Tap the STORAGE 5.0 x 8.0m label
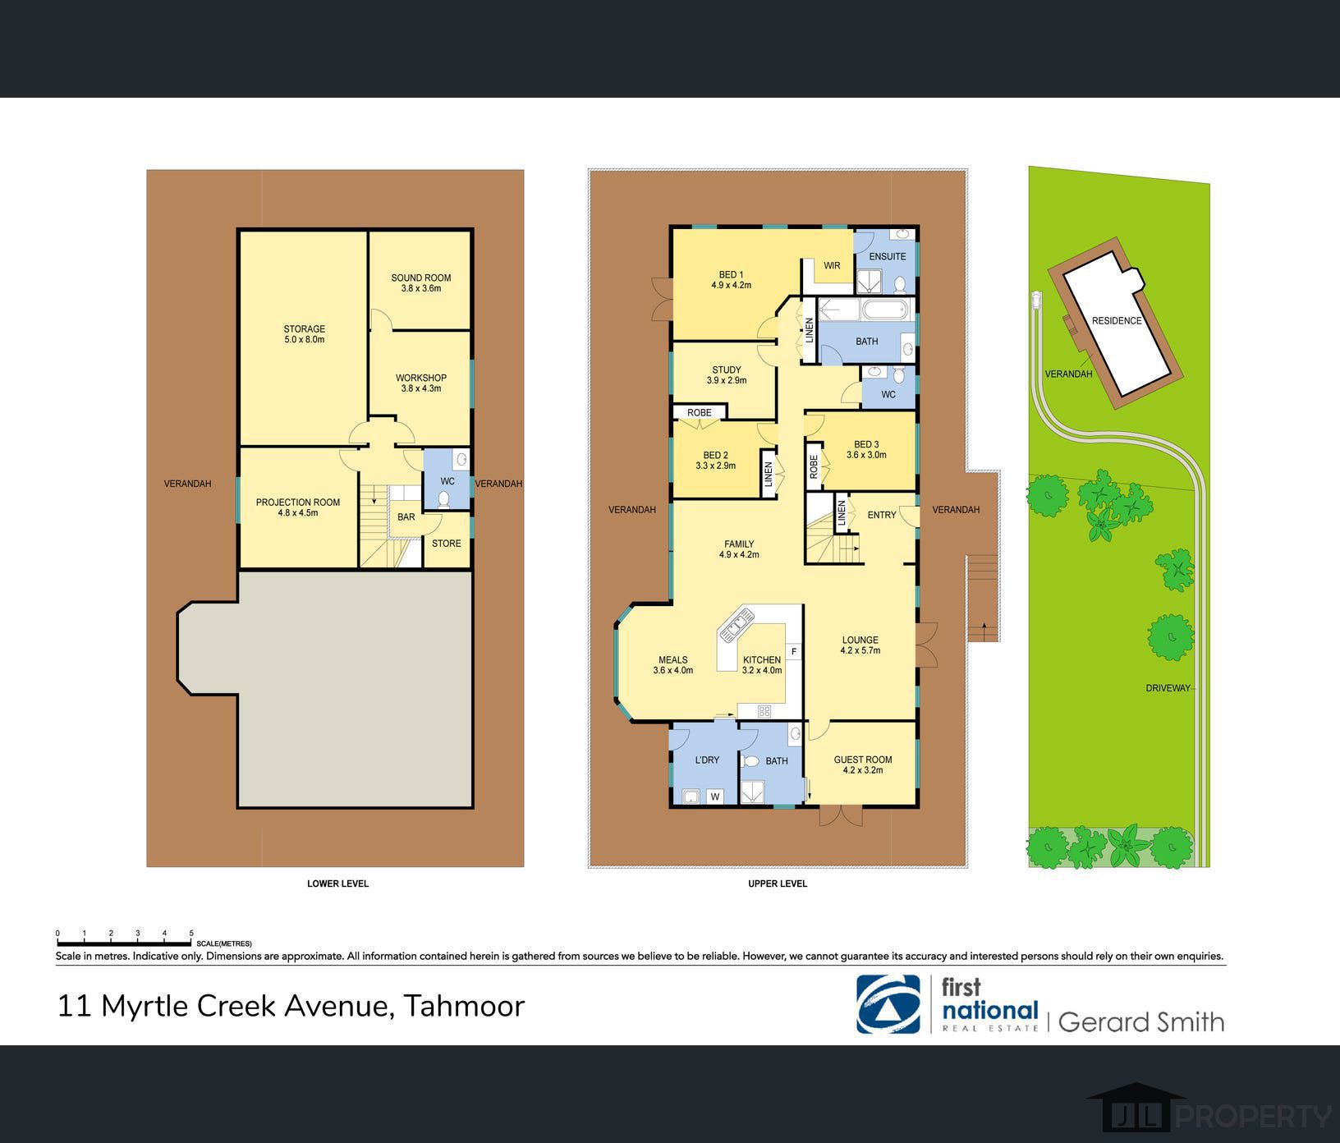(305, 334)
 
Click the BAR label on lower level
(406, 517)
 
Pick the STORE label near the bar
(447, 544)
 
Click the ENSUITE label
(888, 257)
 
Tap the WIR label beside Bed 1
(832, 266)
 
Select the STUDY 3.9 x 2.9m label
(727, 375)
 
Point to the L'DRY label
(707, 760)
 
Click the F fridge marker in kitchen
(793, 652)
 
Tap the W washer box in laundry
(714, 796)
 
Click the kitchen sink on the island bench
(737, 623)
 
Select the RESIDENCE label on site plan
(1117, 321)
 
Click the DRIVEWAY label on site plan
(1168, 688)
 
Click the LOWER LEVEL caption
(338, 884)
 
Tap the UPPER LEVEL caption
(778, 884)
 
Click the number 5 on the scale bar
(191, 934)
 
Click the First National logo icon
(888, 1003)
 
